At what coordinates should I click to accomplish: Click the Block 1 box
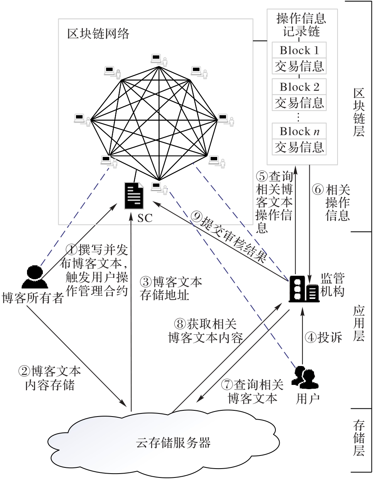click(x=299, y=50)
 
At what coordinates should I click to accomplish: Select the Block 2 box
click(x=299, y=87)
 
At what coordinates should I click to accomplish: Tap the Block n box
click(x=299, y=131)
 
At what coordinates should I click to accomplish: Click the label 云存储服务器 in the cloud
click(x=174, y=442)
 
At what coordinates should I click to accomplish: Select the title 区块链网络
click(x=98, y=34)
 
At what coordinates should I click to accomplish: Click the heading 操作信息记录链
click(x=301, y=24)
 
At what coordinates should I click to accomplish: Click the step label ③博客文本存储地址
click(x=170, y=288)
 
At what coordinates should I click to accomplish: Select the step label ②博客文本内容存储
click(x=50, y=378)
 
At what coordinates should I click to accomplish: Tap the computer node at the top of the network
click(x=157, y=59)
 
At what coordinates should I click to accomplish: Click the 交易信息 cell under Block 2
click(x=299, y=103)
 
